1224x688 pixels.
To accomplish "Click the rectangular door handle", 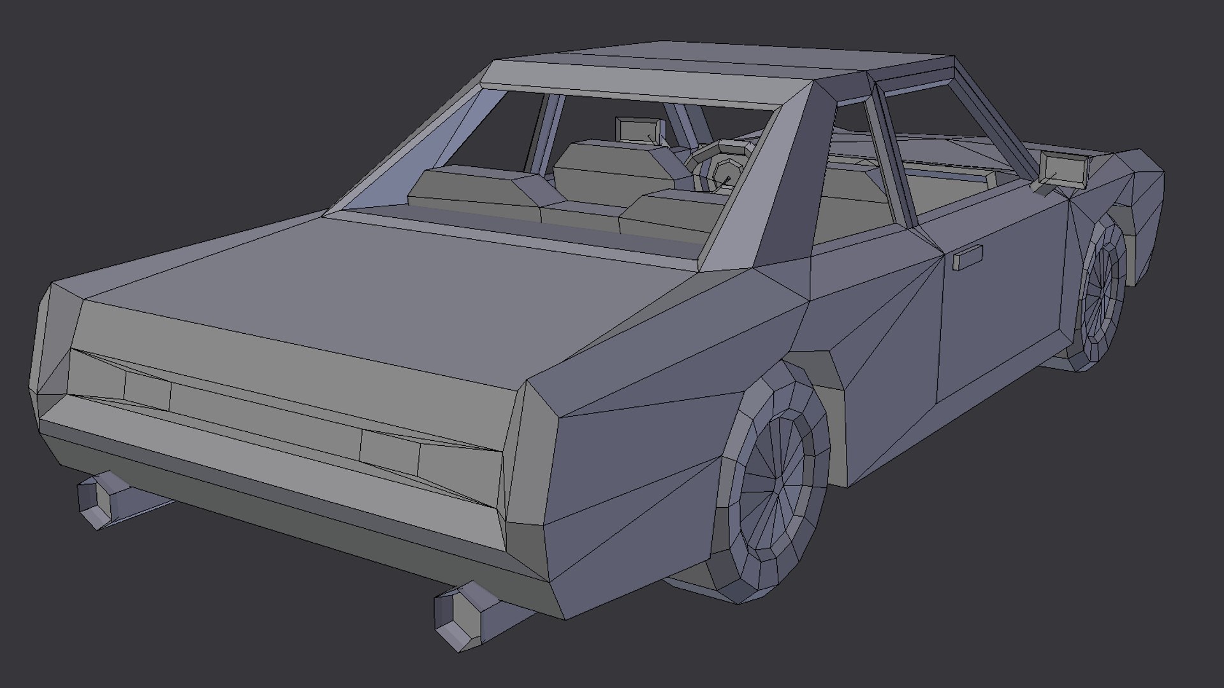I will (x=967, y=259).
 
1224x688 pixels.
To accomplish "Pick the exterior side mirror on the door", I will (x=1063, y=171).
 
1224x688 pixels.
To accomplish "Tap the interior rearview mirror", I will (x=639, y=131).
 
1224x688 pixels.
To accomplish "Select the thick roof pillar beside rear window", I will (x=771, y=191).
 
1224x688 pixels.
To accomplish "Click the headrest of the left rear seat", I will (x=478, y=185).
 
